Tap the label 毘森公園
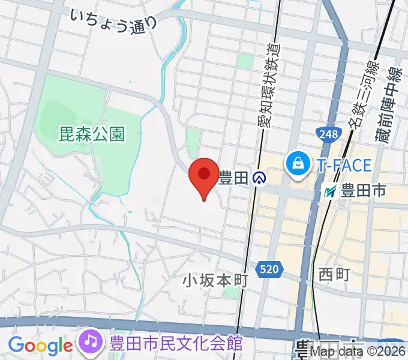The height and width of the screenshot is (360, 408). (92, 133)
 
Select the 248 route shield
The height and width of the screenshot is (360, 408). (328, 135)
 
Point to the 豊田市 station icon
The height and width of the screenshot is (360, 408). (330, 192)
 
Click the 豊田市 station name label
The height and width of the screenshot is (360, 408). (364, 192)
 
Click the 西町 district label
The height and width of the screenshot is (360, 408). (334, 274)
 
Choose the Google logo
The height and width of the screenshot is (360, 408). (40, 346)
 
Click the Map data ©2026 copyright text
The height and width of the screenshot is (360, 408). (362, 353)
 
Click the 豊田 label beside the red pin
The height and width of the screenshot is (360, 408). (233, 178)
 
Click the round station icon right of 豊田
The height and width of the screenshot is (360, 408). (259, 178)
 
